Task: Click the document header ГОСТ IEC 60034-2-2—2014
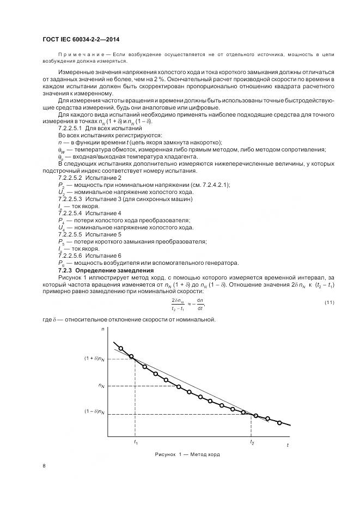pyautogui.click(x=81, y=39)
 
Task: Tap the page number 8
pyautogui.click(x=44, y=465)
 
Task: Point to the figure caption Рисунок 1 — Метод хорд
pyautogui.click(x=187, y=453)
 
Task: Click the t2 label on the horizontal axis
pyautogui.click(x=251, y=442)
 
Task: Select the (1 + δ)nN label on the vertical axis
pyautogui.click(x=94, y=358)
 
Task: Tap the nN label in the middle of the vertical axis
pyautogui.click(x=101, y=386)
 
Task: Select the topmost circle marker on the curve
pyautogui.click(x=121, y=349)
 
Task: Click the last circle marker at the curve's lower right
pyautogui.click(x=279, y=422)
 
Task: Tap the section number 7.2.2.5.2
pyautogui.click(x=70, y=178)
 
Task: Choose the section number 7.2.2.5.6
pyautogui.click(x=70, y=255)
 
